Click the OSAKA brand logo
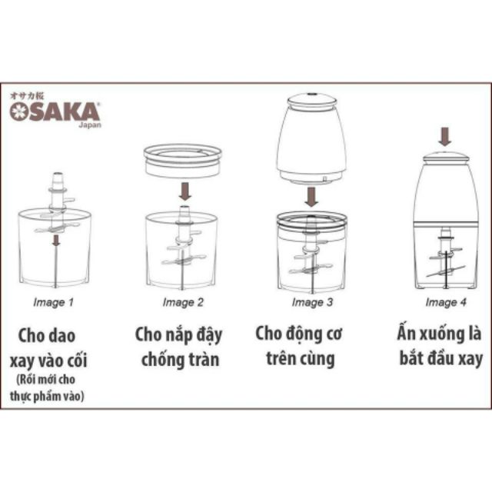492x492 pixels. pyautogui.click(x=55, y=111)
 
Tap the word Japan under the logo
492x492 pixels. pyautogui.click(x=89, y=125)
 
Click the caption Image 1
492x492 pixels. pyautogui.click(x=54, y=302)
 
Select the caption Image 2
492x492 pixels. pyautogui.click(x=183, y=302)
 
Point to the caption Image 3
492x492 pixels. pyautogui.click(x=312, y=302)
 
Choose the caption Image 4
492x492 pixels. pyautogui.click(x=446, y=302)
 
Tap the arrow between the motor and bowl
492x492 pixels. pyautogui.click(x=311, y=195)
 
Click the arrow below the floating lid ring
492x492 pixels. pyautogui.click(x=184, y=190)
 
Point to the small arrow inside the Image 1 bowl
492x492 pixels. pyautogui.click(x=55, y=241)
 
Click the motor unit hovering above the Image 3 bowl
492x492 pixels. pyautogui.click(x=311, y=138)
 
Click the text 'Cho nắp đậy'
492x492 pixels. pyautogui.click(x=178, y=335)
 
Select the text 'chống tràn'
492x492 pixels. pyautogui.click(x=178, y=358)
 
